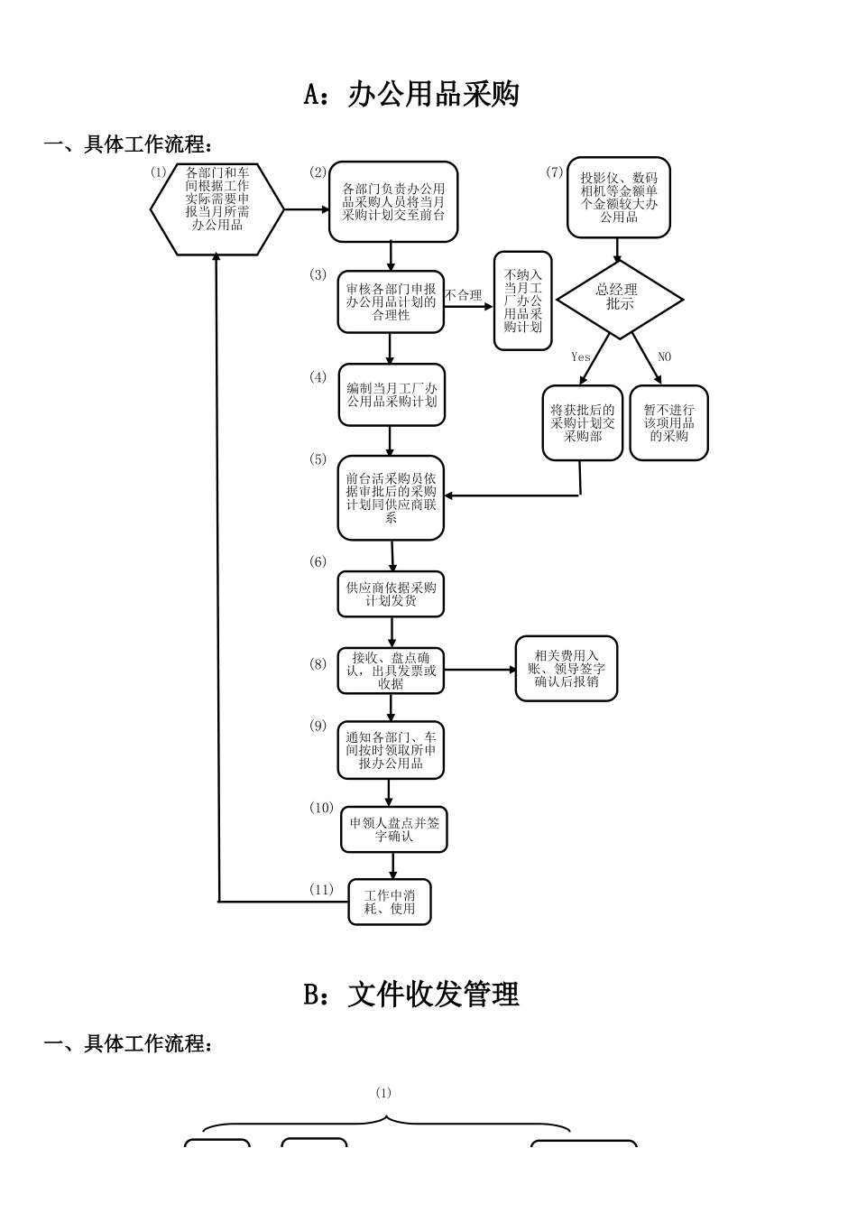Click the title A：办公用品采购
[411, 94]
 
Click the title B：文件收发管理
[411, 994]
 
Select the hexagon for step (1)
[217, 209]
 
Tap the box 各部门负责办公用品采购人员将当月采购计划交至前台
[392, 202]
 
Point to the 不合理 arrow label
[464, 295]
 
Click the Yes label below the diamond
[581, 356]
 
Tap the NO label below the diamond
[664, 356]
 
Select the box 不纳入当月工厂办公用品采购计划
[523, 301]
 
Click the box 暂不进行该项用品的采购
[668, 422]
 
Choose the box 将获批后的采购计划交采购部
[583, 422]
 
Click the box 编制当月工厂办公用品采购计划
[392, 394]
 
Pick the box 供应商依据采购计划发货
[391, 594]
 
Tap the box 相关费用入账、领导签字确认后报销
[567, 669]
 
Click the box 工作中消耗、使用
[390, 902]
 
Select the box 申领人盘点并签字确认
[393, 829]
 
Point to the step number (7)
[555, 172]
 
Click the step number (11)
[321, 889]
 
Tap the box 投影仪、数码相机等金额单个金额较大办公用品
[619, 198]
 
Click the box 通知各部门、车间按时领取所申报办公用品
[391, 750]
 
